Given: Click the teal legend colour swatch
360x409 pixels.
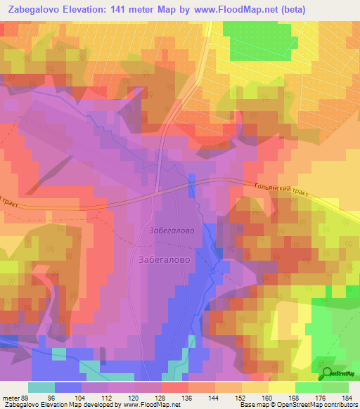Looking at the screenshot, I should [41, 387].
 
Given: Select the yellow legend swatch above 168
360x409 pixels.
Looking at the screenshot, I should [282, 387].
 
